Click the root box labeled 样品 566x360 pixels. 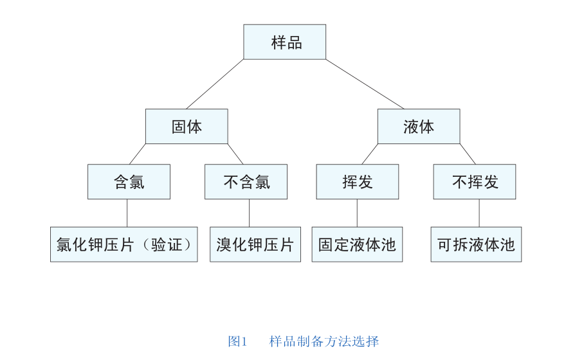click(284, 42)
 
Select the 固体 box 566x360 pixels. click(187, 127)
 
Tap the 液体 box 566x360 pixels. click(418, 127)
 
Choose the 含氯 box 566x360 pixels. click(129, 182)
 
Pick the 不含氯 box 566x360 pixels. click(246, 182)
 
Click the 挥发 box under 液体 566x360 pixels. click(357, 182)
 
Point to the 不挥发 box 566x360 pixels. click(474, 182)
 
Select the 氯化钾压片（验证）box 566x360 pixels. click(124, 244)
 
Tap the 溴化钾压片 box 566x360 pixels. click(255, 244)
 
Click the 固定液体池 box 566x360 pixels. click(357, 244)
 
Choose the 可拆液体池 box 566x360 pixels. click(476, 244)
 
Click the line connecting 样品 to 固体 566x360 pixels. click(215, 84)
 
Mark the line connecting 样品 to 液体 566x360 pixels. click(365, 84)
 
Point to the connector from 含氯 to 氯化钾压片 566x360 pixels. click(127, 213)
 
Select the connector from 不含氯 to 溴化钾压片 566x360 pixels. click(249, 213)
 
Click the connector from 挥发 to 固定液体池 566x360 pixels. click(357, 213)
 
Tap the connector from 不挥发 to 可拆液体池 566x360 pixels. click(479, 213)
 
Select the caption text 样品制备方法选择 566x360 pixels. click(324, 341)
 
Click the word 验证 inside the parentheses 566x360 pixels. click(170, 245)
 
